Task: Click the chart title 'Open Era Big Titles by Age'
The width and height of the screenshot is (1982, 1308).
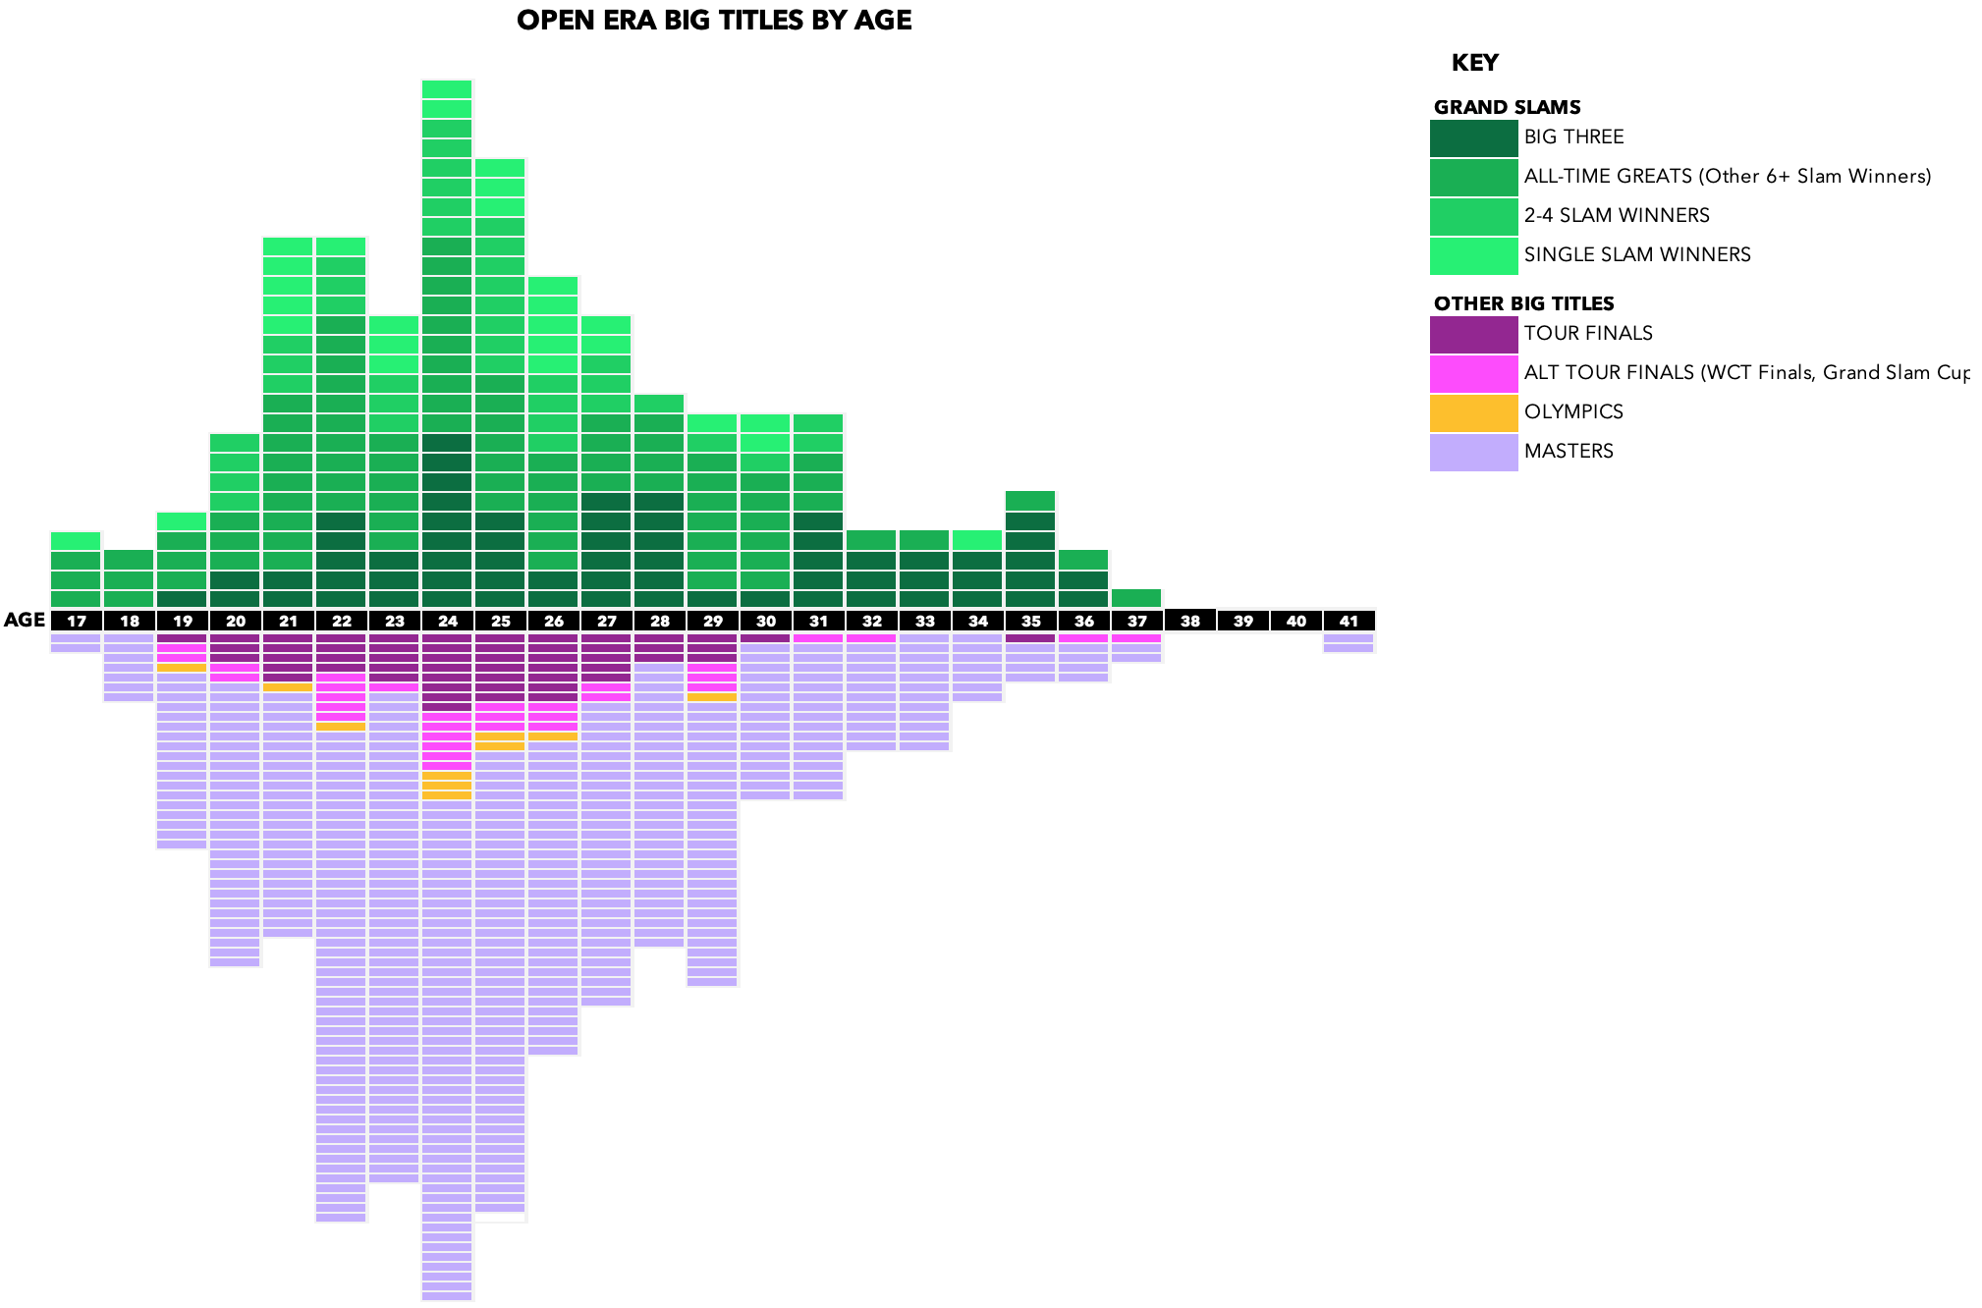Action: [x=714, y=21]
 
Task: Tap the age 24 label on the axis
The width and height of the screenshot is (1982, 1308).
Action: [x=447, y=621]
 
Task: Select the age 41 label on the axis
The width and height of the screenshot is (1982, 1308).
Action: [x=1349, y=621]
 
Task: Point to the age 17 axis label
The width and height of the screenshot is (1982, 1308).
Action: [x=76, y=621]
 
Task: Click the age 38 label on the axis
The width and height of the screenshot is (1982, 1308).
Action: [x=1189, y=621]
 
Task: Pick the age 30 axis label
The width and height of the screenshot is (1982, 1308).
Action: [x=765, y=621]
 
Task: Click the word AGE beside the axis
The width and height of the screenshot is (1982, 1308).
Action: [x=25, y=620]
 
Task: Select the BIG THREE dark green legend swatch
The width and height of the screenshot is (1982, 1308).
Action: [x=1473, y=138]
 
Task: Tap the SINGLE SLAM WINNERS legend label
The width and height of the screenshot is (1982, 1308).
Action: [x=1637, y=255]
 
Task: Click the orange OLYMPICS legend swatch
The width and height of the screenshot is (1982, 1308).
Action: [x=1473, y=413]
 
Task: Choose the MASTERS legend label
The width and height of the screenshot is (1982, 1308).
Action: [x=1569, y=452]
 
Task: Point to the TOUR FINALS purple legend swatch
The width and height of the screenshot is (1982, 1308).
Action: [x=1473, y=335]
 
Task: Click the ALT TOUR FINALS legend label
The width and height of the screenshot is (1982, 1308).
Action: [x=1745, y=373]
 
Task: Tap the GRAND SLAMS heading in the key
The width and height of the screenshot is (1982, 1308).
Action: [x=1507, y=107]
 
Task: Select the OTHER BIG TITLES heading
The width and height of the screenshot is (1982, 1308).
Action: [x=1523, y=303]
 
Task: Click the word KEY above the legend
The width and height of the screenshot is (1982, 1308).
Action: [x=1474, y=63]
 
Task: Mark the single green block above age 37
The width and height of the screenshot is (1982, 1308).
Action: [x=1136, y=598]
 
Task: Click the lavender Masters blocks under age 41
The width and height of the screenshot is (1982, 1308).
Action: [x=1349, y=643]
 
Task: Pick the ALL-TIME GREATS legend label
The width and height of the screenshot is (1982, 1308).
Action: [x=1728, y=177]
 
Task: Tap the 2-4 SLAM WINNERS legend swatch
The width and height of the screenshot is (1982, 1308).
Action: [x=1473, y=217]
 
